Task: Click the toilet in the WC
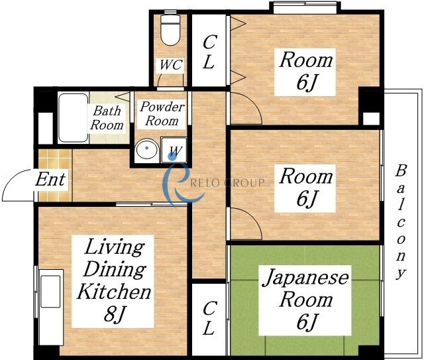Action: coord(170,30)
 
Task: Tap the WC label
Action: coord(171,65)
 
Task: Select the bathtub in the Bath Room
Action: coord(73,118)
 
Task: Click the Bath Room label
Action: coord(107,118)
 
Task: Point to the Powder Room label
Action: coord(162,113)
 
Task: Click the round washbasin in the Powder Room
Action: coord(147,149)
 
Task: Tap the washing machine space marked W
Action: coord(174,150)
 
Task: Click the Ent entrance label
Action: coord(50,179)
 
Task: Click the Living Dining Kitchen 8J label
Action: coord(113,280)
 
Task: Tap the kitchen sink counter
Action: coord(50,307)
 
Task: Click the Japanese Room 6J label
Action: coord(305,300)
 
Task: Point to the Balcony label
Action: coord(400,221)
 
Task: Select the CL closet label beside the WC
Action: coord(209,52)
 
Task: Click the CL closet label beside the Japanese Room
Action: coord(209,318)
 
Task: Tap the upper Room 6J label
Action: coord(305,71)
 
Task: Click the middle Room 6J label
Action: coord(305,188)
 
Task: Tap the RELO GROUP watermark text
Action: coord(227,183)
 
